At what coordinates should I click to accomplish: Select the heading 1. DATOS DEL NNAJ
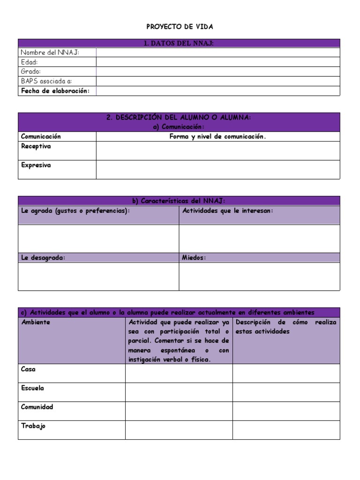pos(179,43)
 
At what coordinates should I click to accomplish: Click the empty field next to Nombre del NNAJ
pos(218,52)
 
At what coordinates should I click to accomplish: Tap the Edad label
pos(29,62)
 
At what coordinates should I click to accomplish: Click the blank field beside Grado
pos(218,72)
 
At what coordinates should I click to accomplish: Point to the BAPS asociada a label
pos(46,81)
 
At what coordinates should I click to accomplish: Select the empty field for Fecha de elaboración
pos(218,91)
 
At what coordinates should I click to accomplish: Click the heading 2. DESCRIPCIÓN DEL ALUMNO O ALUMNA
pos(179,118)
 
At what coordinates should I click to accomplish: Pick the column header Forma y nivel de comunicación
pos(217,136)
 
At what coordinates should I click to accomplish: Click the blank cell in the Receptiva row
pos(218,150)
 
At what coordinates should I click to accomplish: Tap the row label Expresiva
pos(36,165)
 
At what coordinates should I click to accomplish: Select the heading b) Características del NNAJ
pos(179,201)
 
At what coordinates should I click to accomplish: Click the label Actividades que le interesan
pos(227,211)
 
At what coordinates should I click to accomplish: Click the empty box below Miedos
pos(259,277)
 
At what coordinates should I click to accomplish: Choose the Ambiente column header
pos(36,322)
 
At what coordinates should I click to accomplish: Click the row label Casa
pos(28,369)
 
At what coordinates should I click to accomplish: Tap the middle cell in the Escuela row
pos(179,392)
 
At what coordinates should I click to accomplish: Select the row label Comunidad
pos(37,407)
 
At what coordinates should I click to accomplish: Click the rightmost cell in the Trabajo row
pos(286,430)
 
